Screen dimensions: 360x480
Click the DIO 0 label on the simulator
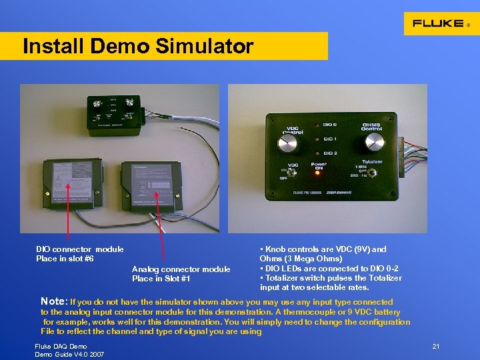tap(330, 125)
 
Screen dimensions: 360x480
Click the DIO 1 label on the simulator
tap(330, 139)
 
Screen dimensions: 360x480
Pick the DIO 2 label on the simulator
tap(330, 153)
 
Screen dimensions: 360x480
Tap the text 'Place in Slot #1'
tap(161, 279)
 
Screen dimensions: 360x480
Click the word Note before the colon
tap(53, 301)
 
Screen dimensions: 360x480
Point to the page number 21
tap(436, 347)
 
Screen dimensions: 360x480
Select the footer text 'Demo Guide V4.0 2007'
tap(69, 354)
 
